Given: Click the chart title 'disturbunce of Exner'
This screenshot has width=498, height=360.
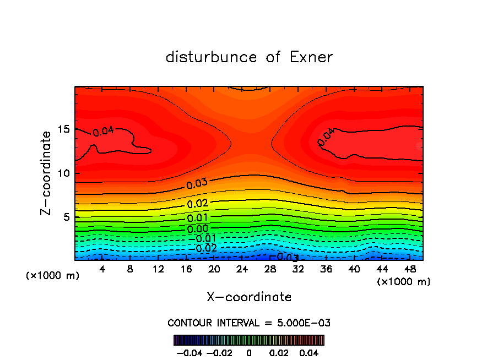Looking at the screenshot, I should [x=249, y=57].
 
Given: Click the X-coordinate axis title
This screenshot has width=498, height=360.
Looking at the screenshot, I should [x=249, y=297].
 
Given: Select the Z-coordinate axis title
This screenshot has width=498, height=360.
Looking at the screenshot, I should [x=47, y=173].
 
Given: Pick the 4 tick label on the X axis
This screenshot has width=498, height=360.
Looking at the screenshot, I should [x=102, y=269].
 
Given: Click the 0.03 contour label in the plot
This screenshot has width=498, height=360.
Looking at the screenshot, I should [x=197, y=184].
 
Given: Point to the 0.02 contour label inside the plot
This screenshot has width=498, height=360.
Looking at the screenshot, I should [x=197, y=204].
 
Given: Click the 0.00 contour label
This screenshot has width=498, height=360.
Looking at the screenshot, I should [x=197, y=229].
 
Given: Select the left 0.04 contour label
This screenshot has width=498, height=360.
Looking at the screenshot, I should [x=103, y=132].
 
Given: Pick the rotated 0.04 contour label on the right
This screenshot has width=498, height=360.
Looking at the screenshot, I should [x=326, y=137].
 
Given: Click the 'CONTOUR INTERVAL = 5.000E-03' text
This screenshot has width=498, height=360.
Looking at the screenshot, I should [x=249, y=323].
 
